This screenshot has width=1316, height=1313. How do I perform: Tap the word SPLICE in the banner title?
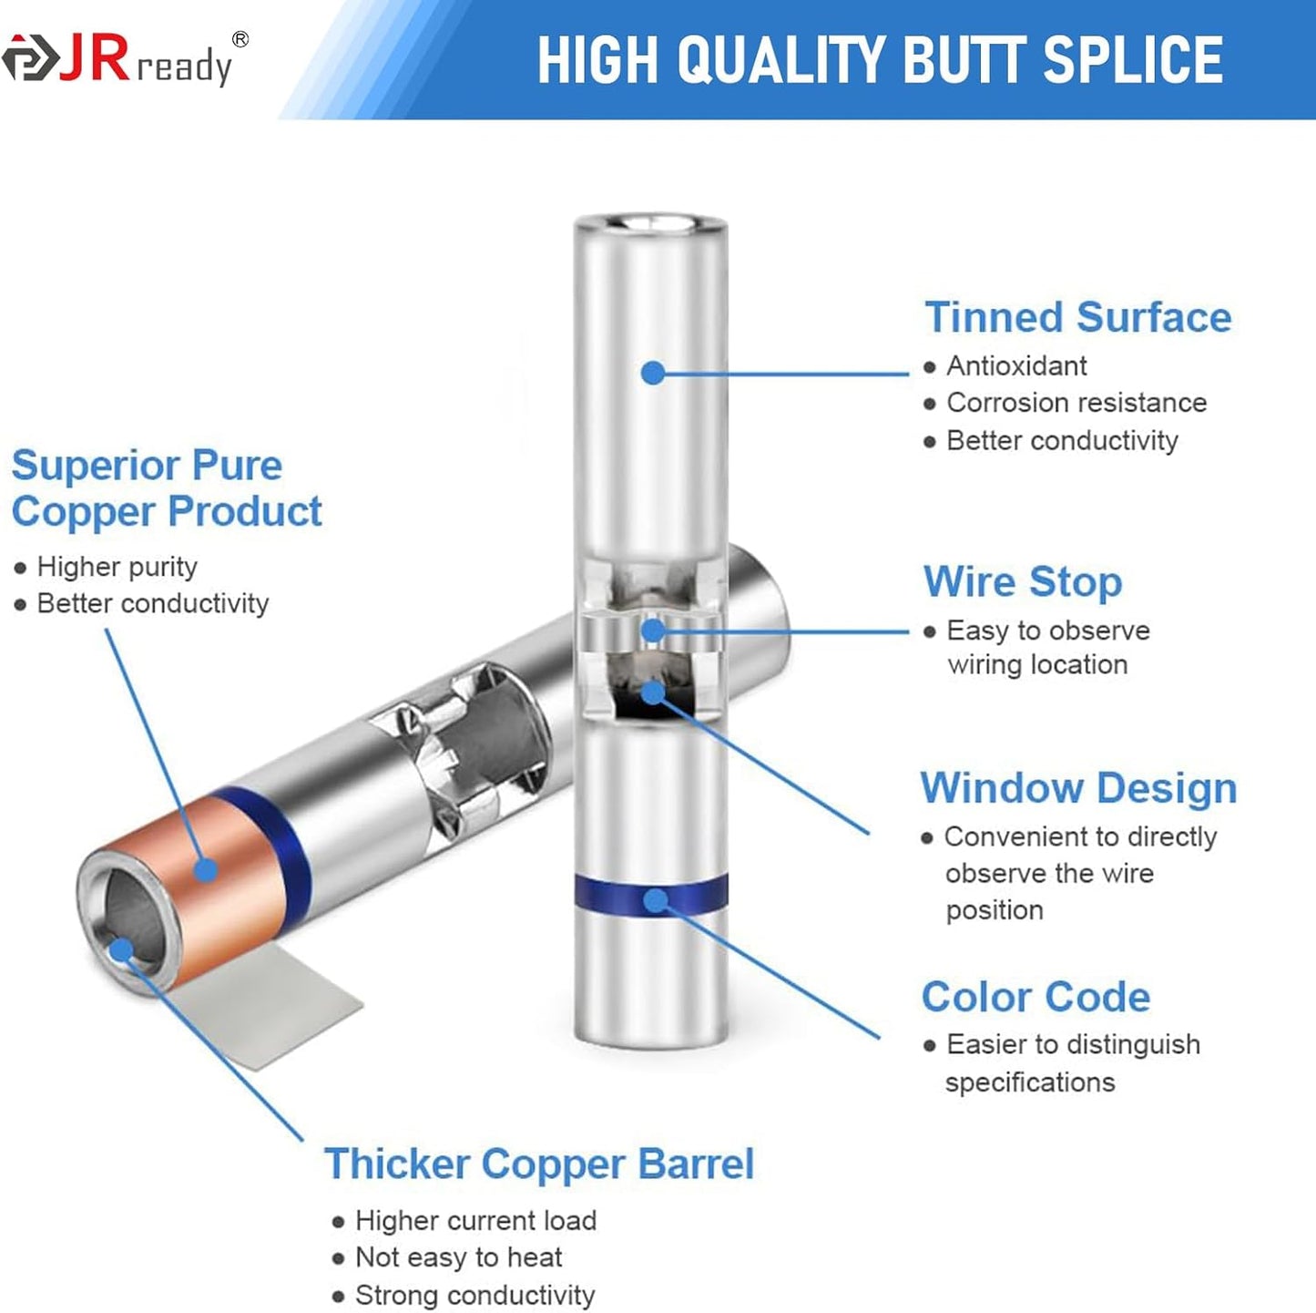point(1134,60)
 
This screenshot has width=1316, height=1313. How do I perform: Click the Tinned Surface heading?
point(1077,317)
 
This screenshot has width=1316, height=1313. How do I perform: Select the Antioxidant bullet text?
point(1016,366)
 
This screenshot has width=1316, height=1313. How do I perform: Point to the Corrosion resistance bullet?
point(1076,403)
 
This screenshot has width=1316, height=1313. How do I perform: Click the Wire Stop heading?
point(1023,581)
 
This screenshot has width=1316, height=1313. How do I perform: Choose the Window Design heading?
point(1078,788)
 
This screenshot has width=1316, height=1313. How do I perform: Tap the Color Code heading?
point(1036,997)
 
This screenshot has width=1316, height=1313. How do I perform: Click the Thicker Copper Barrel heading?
point(539,1164)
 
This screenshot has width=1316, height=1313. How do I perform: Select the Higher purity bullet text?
point(117,568)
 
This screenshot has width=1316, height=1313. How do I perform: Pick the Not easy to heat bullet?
point(458,1257)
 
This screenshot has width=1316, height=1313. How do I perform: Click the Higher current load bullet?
point(476,1220)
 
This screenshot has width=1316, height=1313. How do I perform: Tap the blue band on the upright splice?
point(651,893)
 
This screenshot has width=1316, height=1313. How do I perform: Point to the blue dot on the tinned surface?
point(654,374)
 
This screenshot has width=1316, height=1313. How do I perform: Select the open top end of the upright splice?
point(651,223)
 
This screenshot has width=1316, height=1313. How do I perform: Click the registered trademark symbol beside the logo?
point(240,39)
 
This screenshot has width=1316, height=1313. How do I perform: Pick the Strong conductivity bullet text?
point(475,1295)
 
